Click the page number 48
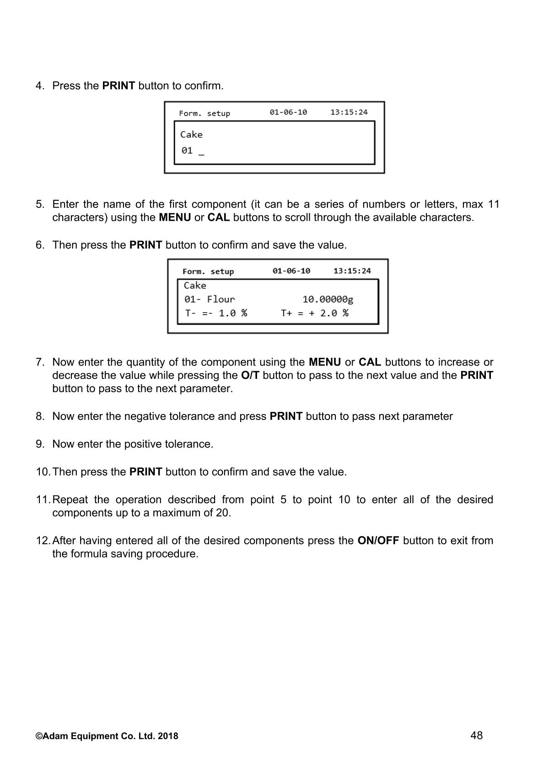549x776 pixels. click(x=476, y=735)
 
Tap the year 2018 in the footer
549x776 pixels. click(x=170, y=736)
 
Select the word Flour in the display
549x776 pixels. click(x=221, y=299)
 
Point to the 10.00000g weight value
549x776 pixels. click(x=328, y=299)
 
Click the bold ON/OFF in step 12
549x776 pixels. click(x=378, y=541)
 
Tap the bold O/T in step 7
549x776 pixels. click(x=250, y=376)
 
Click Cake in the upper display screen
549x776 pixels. click(x=191, y=134)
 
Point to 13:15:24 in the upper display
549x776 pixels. click(x=349, y=112)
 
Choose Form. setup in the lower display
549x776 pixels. click(x=208, y=271)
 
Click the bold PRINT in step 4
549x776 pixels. click(x=118, y=86)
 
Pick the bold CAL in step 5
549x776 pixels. click(x=218, y=218)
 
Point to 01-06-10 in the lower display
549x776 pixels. click(x=291, y=271)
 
